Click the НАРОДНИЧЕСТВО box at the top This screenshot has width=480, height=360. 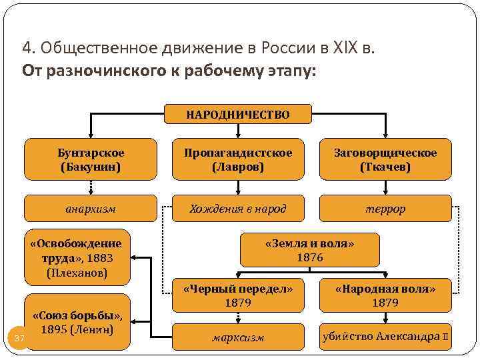click(238, 115)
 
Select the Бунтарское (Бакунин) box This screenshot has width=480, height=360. click(91, 160)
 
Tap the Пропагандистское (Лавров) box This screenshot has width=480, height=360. click(238, 160)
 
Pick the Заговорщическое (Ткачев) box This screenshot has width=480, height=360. click(385, 160)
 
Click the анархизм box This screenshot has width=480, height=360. click(91, 209)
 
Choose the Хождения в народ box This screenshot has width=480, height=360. click(238, 209)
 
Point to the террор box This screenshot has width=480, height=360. click(385, 209)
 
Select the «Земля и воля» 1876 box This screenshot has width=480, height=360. click(310, 250)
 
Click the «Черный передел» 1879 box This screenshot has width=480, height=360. click(238, 295)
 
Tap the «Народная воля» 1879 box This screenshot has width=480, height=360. click(385, 295)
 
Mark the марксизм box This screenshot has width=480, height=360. click(238, 337)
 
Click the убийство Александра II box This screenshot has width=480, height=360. click(385, 336)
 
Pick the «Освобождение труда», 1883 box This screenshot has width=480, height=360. click(77, 257)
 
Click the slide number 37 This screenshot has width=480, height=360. click(19, 339)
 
